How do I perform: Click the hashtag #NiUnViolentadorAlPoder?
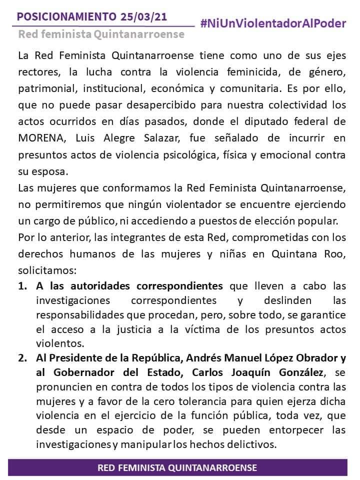273,23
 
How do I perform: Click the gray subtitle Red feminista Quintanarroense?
101,34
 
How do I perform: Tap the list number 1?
22,286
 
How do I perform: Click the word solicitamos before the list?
46,270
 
